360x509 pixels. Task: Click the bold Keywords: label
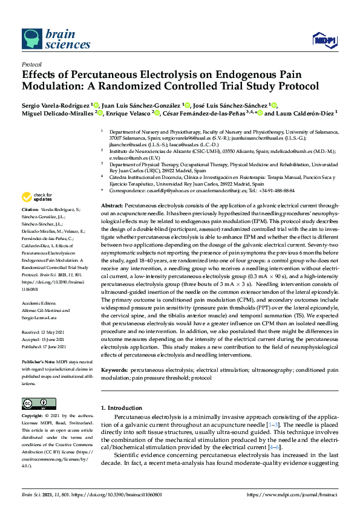click(115, 369)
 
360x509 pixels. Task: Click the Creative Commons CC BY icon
click(34, 403)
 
